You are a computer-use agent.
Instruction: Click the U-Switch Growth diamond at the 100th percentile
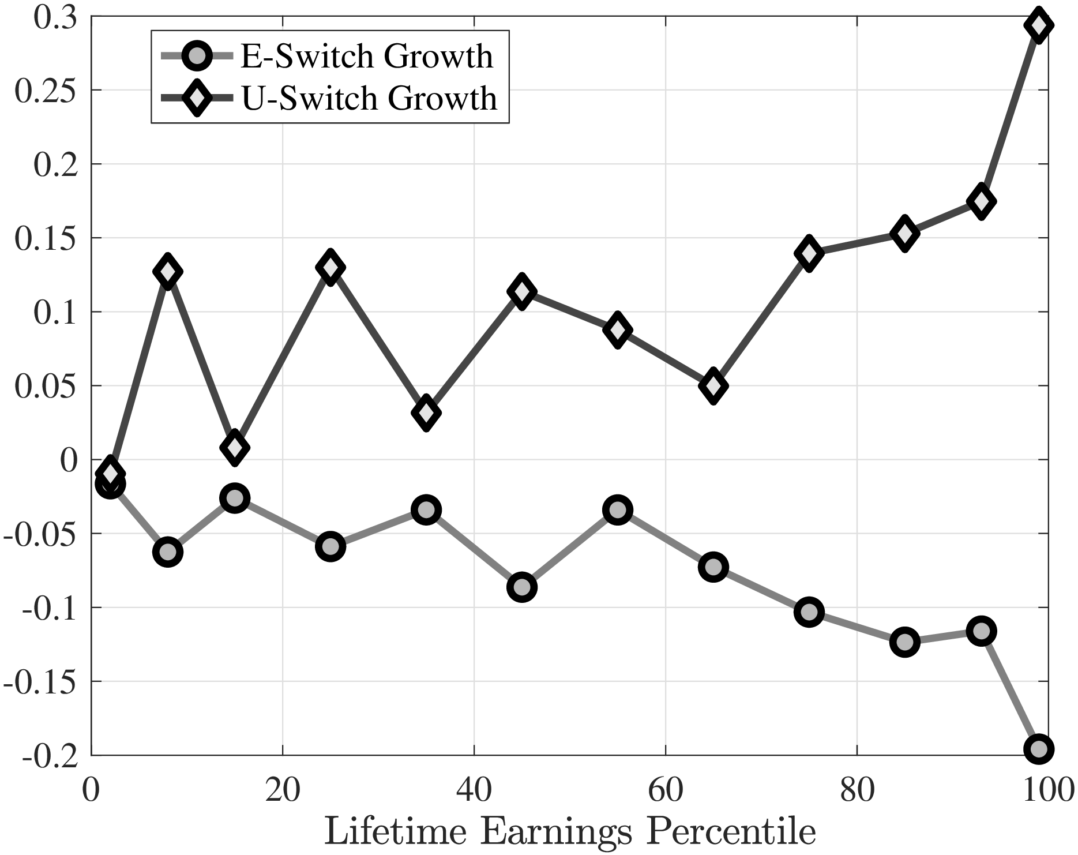click(x=1039, y=25)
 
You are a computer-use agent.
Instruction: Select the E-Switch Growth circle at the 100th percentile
click(x=1039, y=749)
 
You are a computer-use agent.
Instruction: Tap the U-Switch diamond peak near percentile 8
click(x=167, y=271)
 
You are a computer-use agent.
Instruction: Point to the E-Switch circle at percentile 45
click(x=522, y=587)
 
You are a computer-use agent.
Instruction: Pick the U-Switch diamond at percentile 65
click(x=713, y=385)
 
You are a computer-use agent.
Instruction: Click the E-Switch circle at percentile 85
click(x=904, y=642)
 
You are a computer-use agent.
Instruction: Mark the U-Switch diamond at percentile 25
click(x=330, y=267)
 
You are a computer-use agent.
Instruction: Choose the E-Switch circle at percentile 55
click(x=618, y=510)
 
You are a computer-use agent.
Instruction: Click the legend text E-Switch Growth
click(x=367, y=57)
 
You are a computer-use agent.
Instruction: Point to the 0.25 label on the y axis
click(x=45, y=91)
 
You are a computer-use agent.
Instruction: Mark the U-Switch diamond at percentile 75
click(x=809, y=253)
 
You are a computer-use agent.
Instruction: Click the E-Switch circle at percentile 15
click(x=234, y=498)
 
